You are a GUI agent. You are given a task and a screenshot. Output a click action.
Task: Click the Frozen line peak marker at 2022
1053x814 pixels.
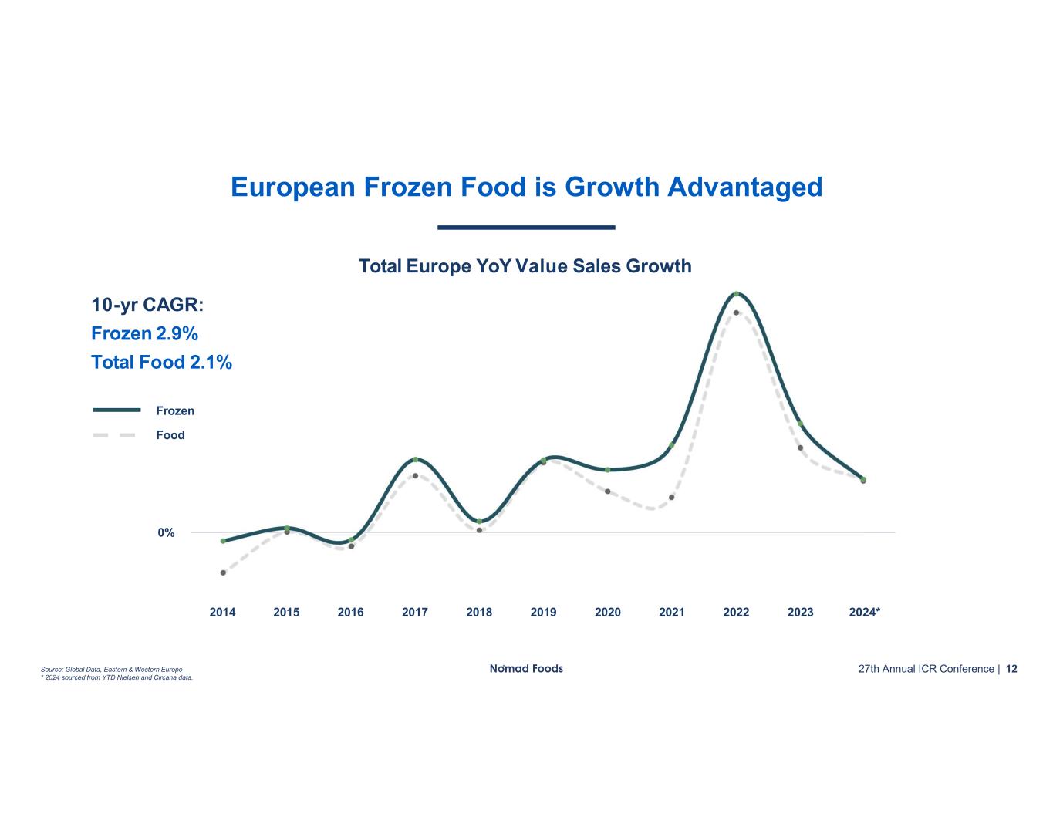737,294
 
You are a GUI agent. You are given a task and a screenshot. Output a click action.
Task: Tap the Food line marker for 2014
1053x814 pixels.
223,573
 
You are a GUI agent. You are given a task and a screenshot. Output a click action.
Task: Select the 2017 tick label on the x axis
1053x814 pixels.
415,613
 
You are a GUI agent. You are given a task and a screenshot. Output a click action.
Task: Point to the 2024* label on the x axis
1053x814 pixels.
865,613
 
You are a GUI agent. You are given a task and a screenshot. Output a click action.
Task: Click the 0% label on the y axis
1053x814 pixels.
166,533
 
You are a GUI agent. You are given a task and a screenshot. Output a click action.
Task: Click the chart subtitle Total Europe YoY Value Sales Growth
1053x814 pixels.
525,267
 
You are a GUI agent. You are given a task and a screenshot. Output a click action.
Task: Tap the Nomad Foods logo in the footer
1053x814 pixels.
526,669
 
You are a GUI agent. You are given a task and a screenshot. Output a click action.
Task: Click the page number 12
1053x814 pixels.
1011,669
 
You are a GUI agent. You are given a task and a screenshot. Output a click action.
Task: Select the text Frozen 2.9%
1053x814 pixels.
144,334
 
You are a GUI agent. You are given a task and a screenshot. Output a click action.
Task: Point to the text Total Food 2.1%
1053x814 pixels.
161,363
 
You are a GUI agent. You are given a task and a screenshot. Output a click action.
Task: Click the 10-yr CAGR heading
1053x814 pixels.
147,306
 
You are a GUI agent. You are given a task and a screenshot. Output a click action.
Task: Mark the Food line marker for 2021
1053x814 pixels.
672,497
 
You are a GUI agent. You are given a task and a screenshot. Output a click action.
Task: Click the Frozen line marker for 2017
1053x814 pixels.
415,460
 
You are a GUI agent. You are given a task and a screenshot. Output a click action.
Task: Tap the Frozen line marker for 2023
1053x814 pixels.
801,424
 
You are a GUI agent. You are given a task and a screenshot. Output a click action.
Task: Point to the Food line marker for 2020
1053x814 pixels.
608,491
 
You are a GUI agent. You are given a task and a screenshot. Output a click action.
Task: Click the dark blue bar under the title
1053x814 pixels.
526,228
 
